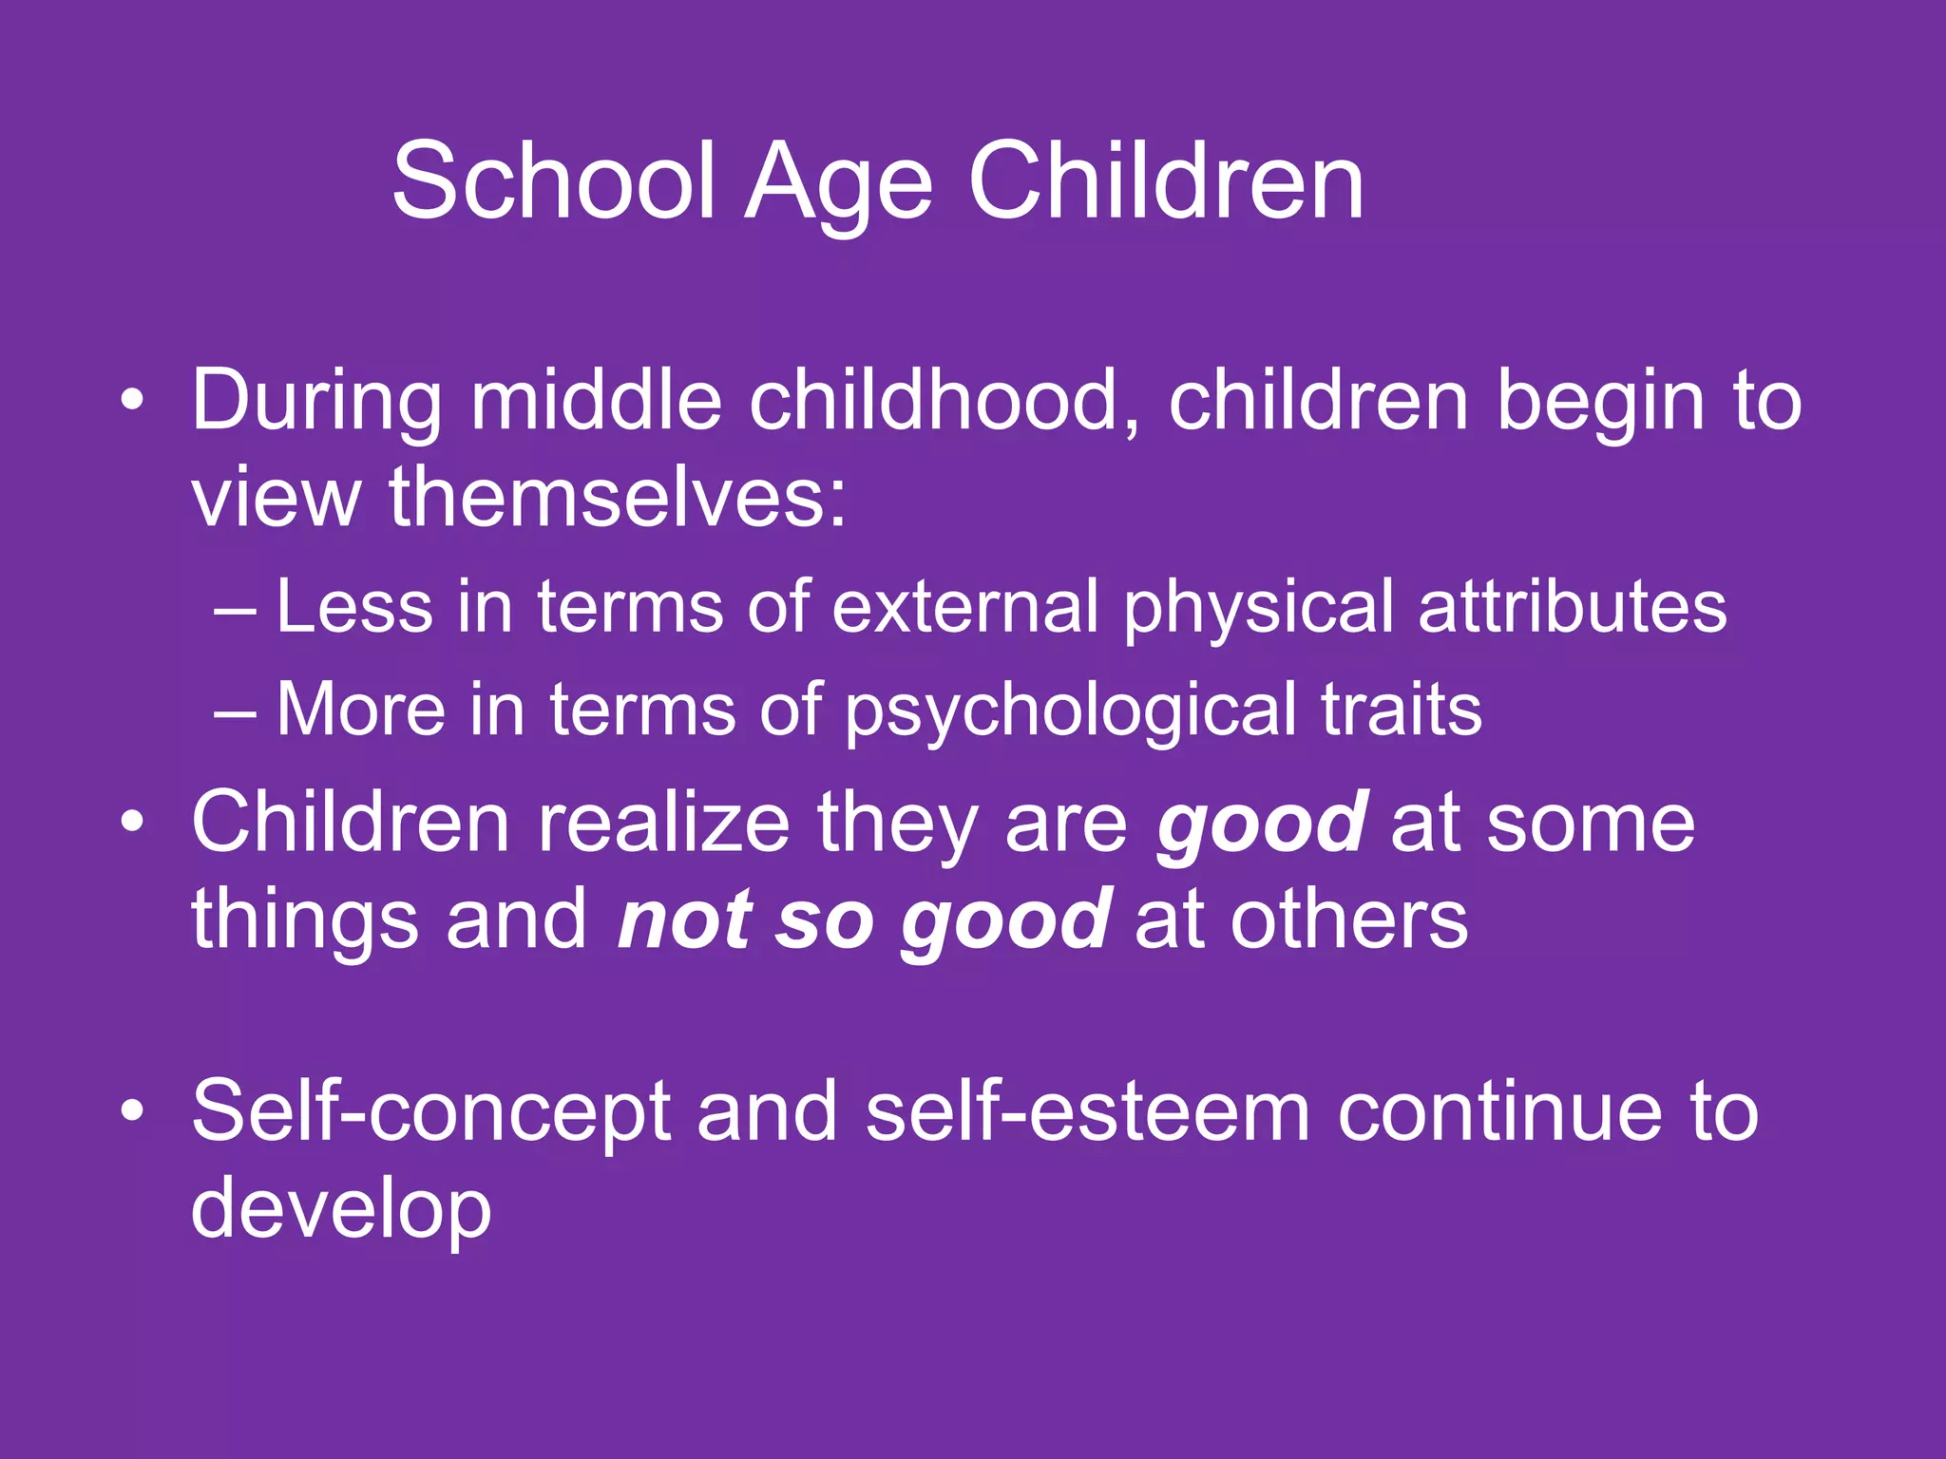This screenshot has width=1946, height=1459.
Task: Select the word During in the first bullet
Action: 316,401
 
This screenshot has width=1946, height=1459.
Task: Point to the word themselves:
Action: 618,498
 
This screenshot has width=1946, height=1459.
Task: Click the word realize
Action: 663,823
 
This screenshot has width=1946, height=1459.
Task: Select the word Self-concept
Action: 430,1113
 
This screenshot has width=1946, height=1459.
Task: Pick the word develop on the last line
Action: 341,1212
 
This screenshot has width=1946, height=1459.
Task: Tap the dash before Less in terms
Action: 235,608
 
